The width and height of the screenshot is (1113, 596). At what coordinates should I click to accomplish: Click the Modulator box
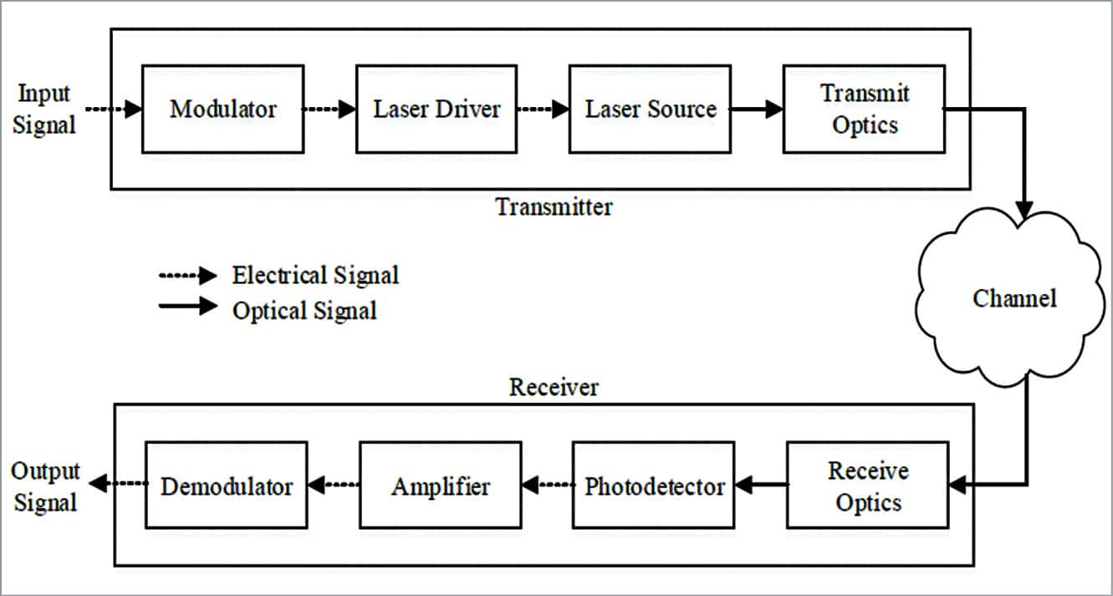[222, 110]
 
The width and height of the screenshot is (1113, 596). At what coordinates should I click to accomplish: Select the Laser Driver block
[437, 110]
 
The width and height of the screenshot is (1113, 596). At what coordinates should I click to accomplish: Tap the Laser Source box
[650, 110]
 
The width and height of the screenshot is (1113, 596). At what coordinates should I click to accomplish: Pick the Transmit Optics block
[864, 110]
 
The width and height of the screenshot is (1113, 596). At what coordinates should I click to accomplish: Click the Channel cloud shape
[1014, 298]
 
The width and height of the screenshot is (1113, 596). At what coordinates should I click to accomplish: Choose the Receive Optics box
[867, 486]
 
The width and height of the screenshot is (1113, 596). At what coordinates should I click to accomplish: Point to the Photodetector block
[653, 486]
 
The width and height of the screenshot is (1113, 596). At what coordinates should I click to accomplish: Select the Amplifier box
[440, 486]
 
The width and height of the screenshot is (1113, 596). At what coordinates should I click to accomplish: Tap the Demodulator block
[227, 486]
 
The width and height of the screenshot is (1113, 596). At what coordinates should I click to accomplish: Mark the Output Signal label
[45, 486]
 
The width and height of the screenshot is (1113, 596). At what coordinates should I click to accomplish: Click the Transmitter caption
[554, 206]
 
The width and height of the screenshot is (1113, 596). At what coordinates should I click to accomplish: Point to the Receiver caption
[554, 388]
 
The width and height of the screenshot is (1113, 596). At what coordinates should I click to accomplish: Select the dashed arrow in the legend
[187, 276]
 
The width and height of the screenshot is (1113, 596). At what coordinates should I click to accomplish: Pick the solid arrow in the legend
[187, 306]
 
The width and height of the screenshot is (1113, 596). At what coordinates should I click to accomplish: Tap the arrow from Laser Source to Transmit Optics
[756, 110]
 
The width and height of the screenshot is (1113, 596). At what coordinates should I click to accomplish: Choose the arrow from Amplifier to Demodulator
[334, 484]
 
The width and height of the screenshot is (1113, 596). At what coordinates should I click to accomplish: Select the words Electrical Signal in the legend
[315, 276]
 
